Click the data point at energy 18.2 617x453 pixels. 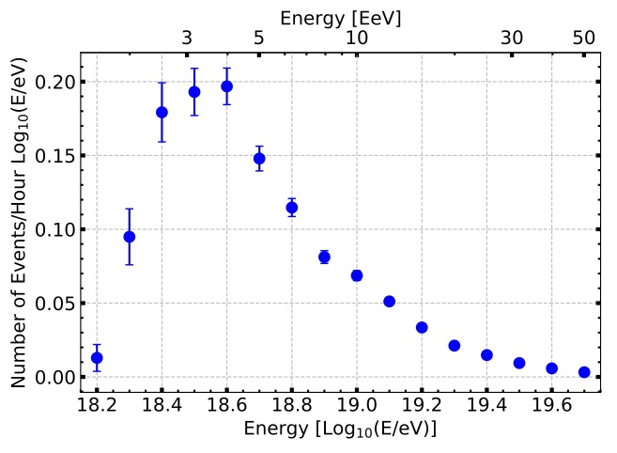pyautogui.click(x=97, y=358)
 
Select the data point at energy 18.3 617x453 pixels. pyautogui.click(x=130, y=237)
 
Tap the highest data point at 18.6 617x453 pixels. pyautogui.click(x=226, y=86)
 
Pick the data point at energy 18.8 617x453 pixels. pyautogui.click(x=292, y=208)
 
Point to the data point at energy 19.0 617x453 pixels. pyautogui.click(x=357, y=275)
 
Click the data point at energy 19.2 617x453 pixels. pyautogui.click(x=422, y=327)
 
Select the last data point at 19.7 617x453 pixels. pyautogui.click(x=584, y=372)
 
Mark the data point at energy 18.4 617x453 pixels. pyautogui.click(x=162, y=112)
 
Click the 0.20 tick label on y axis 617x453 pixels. pyautogui.click(x=54, y=82)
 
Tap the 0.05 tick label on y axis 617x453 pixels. pyautogui.click(x=54, y=304)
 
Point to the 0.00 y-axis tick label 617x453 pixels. pyautogui.click(x=54, y=378)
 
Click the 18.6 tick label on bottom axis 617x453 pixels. pyautogui.click(x=226, y=405)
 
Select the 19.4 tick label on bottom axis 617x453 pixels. pyautogui.click(x=486, y=405)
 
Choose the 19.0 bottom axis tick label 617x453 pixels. pyautogui.click(x=357, y=405)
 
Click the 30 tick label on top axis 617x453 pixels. pyautogui.click(x=512, y=38)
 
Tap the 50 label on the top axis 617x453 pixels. pyautogui.click(x=584, y=38)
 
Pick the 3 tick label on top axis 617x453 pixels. pyautogui.click(x=187, y=38)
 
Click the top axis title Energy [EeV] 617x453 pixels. pyautogui.click(x=341, y=17)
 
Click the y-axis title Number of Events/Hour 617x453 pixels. pyautogui.click(x=21, y=219)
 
